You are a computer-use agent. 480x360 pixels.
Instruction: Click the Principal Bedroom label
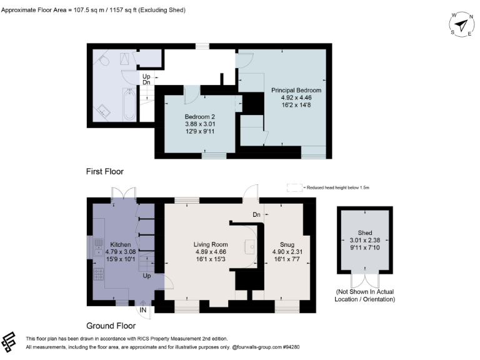296,91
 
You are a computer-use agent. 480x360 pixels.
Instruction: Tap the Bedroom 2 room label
199,117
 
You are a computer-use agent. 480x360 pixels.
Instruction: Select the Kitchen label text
120,244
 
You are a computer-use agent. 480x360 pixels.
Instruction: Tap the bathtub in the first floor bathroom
128,104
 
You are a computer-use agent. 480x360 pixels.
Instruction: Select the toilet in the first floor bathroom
103,60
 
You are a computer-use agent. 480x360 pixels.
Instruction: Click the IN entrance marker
143,309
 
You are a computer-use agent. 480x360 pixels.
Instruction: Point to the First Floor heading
105,171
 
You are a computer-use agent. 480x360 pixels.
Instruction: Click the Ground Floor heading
111,326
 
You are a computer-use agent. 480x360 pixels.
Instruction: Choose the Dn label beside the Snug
256,214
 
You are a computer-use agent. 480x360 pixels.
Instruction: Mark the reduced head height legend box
293,187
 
